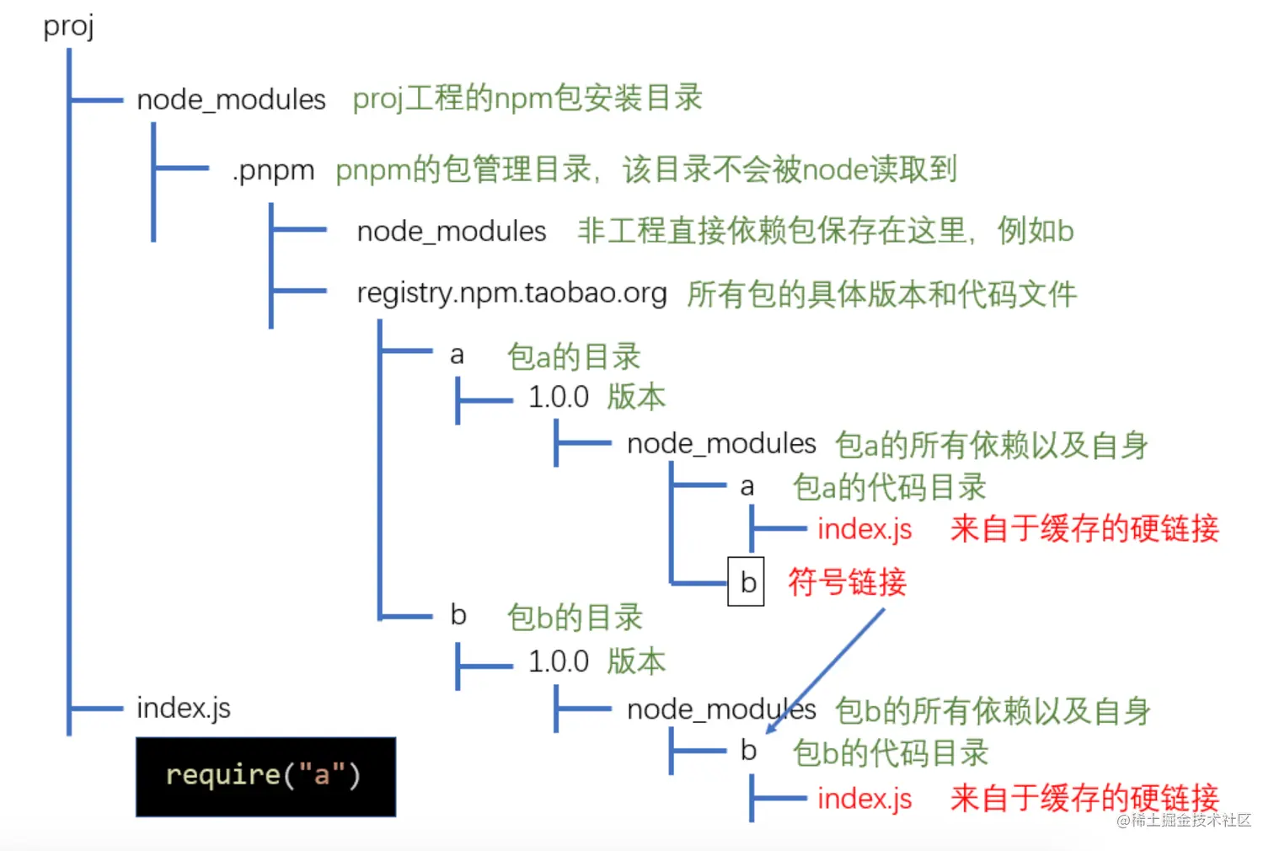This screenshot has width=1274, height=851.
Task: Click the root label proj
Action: coord(68,26)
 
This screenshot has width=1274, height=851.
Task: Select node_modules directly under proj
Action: coord(231,99)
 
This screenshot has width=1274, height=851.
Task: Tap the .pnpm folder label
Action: coord(273,170)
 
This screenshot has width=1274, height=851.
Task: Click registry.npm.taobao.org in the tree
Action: coord(511,293)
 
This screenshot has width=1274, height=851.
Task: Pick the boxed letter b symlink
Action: coord(747,581)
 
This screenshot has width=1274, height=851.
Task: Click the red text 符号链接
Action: coord(847,581)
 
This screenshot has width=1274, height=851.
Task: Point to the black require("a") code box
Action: coord(265,776)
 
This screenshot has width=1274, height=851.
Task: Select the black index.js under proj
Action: coord(183,708)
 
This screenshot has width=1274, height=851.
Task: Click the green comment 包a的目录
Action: coord(574,356)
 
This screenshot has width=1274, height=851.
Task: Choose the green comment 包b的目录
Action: coord(575,617)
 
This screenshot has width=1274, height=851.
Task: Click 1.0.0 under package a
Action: coord(558,397)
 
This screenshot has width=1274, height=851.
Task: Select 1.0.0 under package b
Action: coord(558,661)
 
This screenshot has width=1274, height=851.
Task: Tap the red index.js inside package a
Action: coord(864,529)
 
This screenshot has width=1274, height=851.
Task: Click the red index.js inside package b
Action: coord(864,798)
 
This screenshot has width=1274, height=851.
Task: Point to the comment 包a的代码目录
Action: coord(889,487)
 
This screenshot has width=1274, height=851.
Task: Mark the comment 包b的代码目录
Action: coord(891,752)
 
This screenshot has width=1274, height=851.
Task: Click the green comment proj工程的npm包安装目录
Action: coord(527,99)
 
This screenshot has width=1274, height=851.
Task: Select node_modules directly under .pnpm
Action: coord(452,231)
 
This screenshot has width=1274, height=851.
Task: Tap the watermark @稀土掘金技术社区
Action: coord(1184,820)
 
